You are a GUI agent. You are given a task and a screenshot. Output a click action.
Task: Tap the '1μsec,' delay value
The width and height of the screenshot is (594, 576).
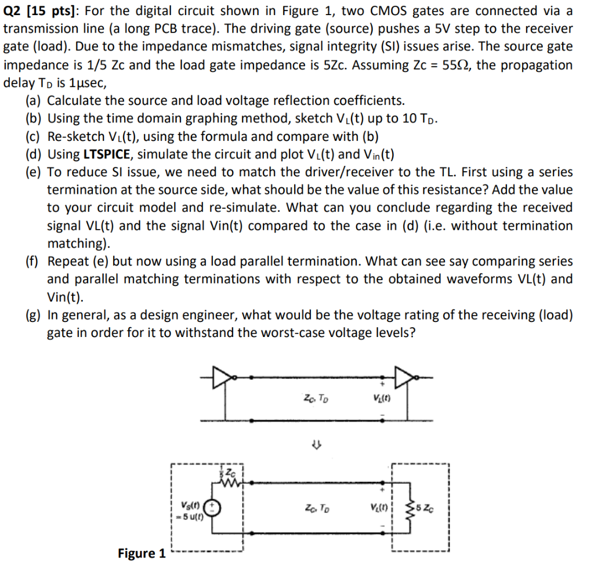click(x=81, y=83)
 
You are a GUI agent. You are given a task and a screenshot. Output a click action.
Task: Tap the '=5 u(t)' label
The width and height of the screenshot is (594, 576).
click(x=192, y=514)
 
